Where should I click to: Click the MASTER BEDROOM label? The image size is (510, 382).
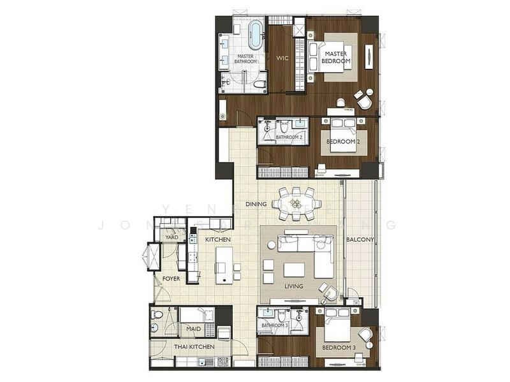(x=337, y=57)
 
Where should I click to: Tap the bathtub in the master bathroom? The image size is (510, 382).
(x=255, y=34)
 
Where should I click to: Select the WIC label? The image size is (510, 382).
(x=282, y=58)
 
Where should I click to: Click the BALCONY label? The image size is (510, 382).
(x=360, y=240)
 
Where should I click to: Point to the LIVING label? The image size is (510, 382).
(x=294, y=287)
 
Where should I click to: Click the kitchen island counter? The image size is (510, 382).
(x=224, y=265)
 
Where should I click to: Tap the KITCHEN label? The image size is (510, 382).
(x=217, y=239)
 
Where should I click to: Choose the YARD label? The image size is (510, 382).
(x=171, y=237)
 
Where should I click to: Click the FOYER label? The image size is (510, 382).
(x=171, y=279)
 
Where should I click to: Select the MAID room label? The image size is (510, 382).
(x=194, y=329)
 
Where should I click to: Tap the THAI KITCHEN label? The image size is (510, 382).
(x=194, y=347)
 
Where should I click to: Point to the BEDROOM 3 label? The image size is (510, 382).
(x=339, y=348)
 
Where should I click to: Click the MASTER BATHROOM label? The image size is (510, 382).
(x=246, y=59)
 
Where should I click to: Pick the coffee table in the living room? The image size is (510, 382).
(x=294, y=269)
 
